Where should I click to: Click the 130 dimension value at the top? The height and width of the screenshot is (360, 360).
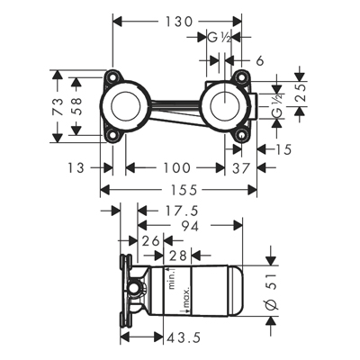tap(178, 22)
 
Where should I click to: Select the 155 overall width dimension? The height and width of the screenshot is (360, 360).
tap(184, 190)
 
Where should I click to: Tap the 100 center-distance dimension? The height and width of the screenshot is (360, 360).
tap(176, 167)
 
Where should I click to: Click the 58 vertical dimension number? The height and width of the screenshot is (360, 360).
tap(77, 105)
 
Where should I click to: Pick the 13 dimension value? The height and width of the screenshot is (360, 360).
tap(76, 167)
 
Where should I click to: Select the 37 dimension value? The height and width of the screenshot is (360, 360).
tap(241, 168)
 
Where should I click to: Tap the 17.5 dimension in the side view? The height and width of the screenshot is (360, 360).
tap(181, 211)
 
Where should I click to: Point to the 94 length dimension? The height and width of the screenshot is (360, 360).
tap(189, 227)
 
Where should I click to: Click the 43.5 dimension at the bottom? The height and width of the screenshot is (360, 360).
tap(184, 338)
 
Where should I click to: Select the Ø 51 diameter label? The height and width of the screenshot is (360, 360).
tap(273, 289)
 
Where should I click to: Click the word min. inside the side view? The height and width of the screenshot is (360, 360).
tap(172, 280)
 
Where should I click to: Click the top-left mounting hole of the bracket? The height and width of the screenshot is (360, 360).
tap(113, 76)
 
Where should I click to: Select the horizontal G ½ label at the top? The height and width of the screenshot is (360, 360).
tap(220, 38)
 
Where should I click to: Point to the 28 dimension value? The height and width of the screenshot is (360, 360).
tap(178, 256)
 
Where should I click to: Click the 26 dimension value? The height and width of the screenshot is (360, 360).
tap(150, 241)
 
